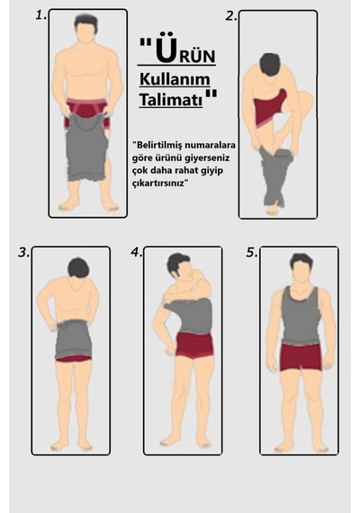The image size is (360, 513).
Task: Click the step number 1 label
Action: [40, 15]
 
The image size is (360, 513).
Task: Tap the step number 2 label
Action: [231, 16]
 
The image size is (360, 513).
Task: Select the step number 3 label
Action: [23, 253]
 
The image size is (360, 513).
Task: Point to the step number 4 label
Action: [136, 252]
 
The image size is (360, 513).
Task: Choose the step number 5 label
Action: [252, 253]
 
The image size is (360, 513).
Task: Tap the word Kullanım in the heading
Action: [175, 79]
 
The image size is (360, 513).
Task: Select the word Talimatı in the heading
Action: [171, 100]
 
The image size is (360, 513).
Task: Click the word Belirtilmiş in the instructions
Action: [156, 145]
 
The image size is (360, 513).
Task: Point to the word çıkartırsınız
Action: [158, 184]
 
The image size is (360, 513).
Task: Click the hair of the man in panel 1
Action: [85, 22]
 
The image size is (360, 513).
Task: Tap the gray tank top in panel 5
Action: [300, 314]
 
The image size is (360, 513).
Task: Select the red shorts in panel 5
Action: [301, 357]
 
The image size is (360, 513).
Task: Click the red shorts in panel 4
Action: [194, 345]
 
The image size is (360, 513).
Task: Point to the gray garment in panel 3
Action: [73, 339]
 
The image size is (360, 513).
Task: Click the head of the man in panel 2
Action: [270, 65]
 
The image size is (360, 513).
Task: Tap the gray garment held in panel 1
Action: [86, 146]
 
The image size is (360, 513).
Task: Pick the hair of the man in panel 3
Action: [78, 267]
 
